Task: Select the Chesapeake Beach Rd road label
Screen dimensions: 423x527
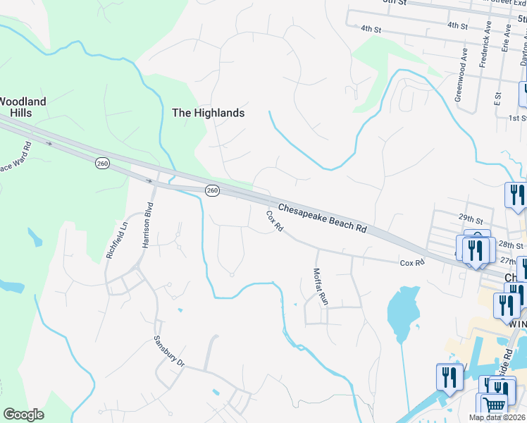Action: [323, 219]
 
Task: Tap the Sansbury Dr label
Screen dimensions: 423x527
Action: [169, 351]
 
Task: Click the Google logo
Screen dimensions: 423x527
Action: [23, 415]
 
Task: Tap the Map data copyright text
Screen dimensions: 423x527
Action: [497, 417]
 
